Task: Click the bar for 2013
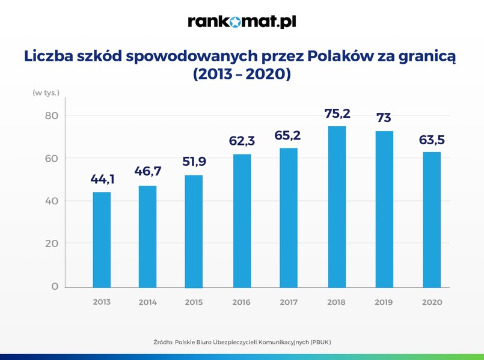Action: [x=102, y=239]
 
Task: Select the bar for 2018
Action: [x=337, y=206]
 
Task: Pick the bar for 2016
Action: [x=242, y=221]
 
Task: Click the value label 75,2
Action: [x=337, y=114]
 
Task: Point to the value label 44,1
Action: [x=102, y=179]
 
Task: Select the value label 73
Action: [x=384, y=118]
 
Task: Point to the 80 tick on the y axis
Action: [x=54, y=115]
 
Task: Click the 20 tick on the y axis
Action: [x=54, y=243]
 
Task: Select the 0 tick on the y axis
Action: [x=55, y=286]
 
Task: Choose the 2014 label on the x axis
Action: [x=148, y=302]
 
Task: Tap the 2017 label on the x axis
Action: [x=289, y=302]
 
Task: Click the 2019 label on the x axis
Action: [x=384, y=302]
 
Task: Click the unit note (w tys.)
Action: [x=46, y=93]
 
